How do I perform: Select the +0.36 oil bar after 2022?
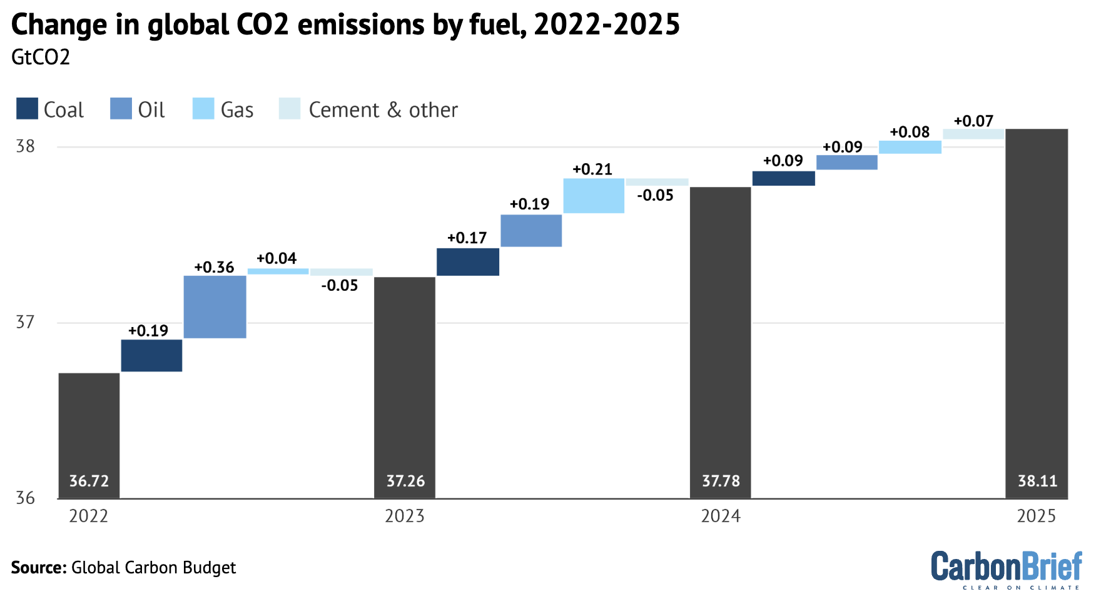tap(215, 306)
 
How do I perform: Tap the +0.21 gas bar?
tap(594, 196)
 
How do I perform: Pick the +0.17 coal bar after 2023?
tap(467, 261)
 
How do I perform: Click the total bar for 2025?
tap(1037, 313)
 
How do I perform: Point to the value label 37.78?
tap(721, 481)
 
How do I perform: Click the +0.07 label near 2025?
tap(973, 121)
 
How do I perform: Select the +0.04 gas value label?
tap(277, 258)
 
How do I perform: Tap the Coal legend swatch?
tap(27, 109)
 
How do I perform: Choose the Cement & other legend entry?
tap(383, 110)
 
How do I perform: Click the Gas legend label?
tap(237, 110)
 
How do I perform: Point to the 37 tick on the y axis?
tap(26, 322)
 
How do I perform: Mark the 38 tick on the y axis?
tap(26, 146)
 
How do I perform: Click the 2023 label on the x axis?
tap(404, 516)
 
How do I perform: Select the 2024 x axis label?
tap(721, 516)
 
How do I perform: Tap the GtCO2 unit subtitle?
tap(41, 58)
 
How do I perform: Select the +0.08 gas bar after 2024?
tap(910, 147)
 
